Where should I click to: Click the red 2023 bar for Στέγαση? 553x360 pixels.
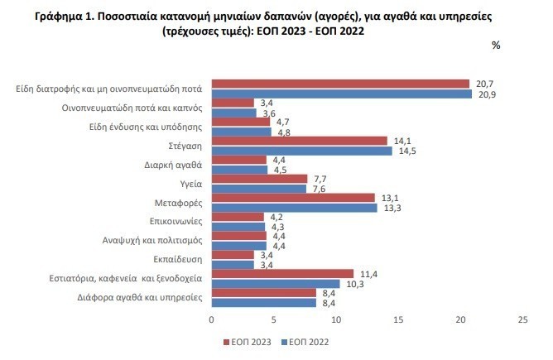[300, 141]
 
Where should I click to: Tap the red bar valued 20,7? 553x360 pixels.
[340, 84]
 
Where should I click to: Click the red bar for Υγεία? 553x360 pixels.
[260, 179]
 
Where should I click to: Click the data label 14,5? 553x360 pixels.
[405, 150]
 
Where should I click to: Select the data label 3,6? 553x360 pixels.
[268, 113]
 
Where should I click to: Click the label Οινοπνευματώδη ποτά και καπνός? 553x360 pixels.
[134, 107]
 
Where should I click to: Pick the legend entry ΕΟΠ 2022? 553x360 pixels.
[310, 339]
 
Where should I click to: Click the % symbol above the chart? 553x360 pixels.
[496, 46]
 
